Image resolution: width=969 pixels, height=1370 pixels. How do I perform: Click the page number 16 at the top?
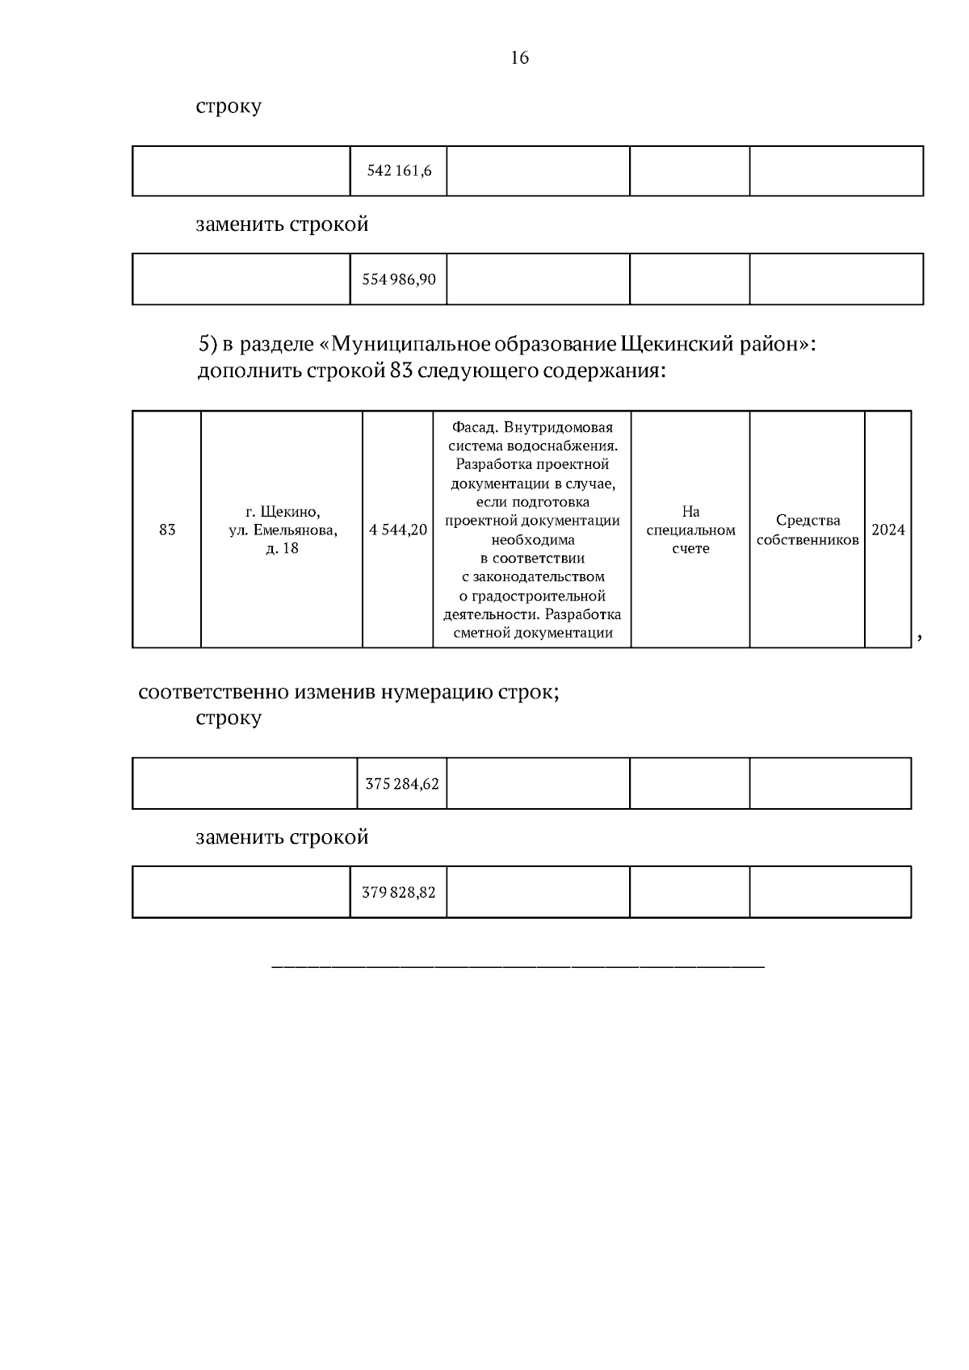pos(520,57)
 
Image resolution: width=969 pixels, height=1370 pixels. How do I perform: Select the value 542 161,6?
pos(399,171)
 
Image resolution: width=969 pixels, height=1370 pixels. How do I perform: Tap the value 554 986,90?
pos(399,279)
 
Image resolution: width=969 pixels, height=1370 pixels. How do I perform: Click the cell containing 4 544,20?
pos(398,530)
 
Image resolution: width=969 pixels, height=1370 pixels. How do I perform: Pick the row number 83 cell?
pos(167,530)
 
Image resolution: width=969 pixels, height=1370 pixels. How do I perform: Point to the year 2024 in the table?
pos(888,530)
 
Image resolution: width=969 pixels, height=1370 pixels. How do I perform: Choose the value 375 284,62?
pos(402,783)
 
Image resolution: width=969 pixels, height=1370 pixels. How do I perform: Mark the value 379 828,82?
pos(399,892)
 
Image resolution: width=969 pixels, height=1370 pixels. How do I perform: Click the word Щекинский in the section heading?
pos(674,345)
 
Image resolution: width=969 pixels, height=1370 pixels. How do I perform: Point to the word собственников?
pos(807,540)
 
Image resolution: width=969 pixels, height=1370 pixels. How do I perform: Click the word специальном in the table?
pos(690,530)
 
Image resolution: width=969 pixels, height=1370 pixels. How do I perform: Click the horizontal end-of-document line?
pos(518,966)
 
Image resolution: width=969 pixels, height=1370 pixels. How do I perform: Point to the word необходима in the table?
pos(533,539)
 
